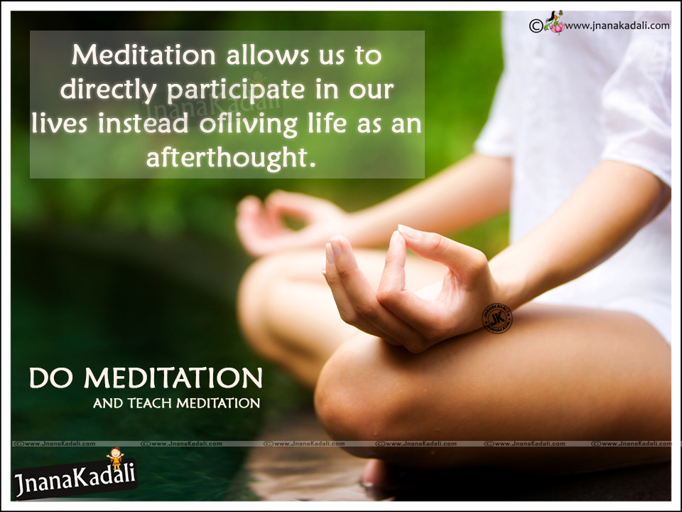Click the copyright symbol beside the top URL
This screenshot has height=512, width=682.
coord(536,26)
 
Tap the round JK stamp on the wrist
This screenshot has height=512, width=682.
coord(497,318)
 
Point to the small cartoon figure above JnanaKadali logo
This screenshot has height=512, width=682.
coord(114,458)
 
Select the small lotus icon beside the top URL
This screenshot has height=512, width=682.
coord(555,25)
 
